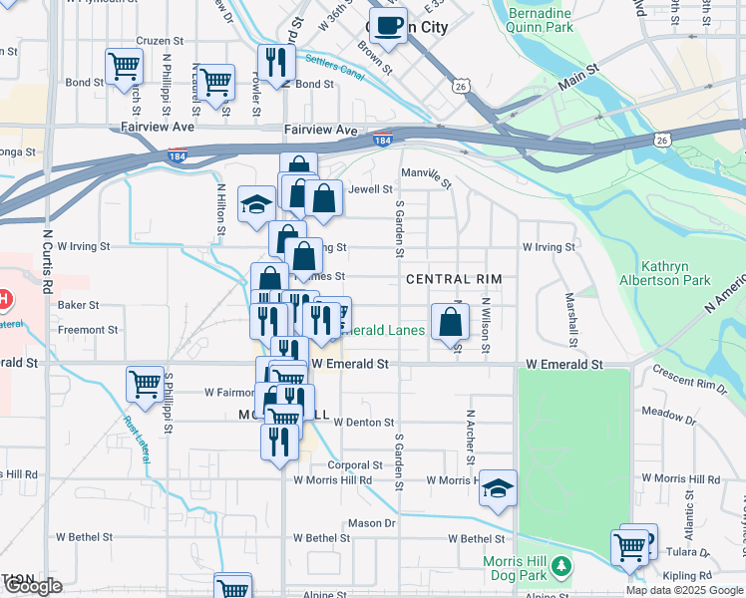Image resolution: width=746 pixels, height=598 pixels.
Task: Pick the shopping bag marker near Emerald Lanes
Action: [x=451, y=321]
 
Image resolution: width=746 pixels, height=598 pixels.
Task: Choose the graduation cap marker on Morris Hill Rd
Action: [x=498, y=487]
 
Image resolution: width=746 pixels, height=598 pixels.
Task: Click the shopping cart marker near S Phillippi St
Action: [x=145, y=385]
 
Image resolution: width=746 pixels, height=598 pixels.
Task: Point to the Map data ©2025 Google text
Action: [x=684, y=590]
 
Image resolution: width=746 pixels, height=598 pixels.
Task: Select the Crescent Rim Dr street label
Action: [x=690, y=377]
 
